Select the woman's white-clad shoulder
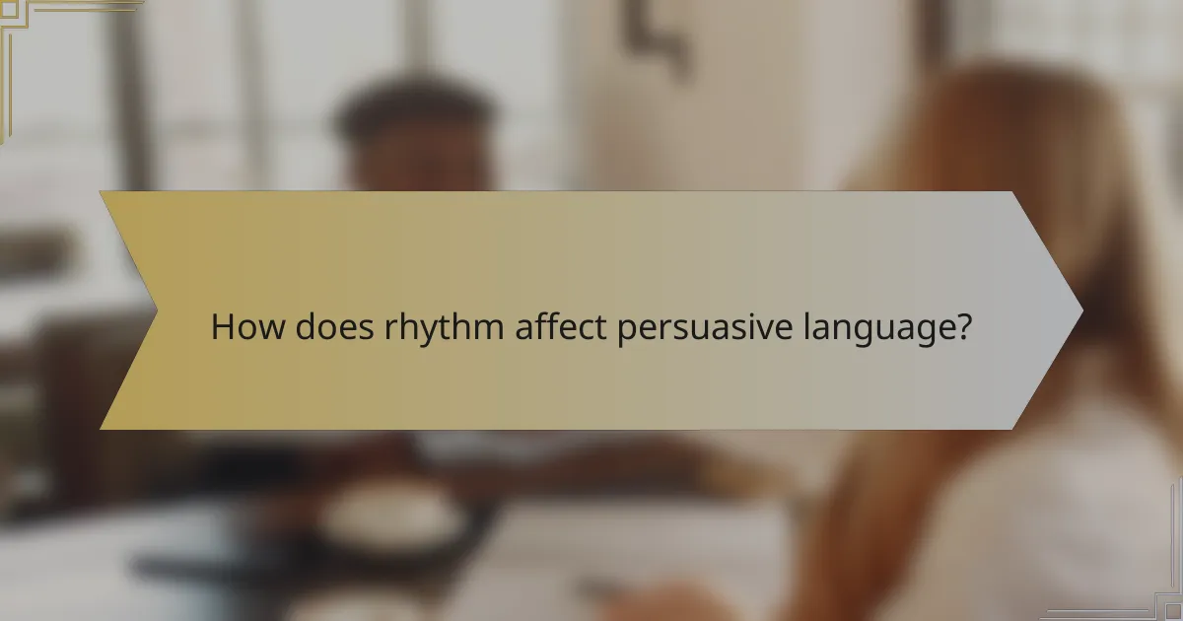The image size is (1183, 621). [1065, 493]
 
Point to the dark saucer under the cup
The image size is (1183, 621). [325, 552]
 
